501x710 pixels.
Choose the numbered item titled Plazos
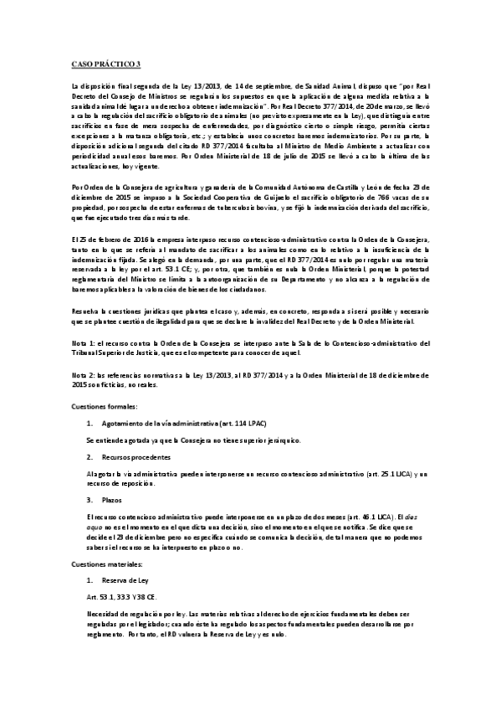[x=113, y=498]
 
